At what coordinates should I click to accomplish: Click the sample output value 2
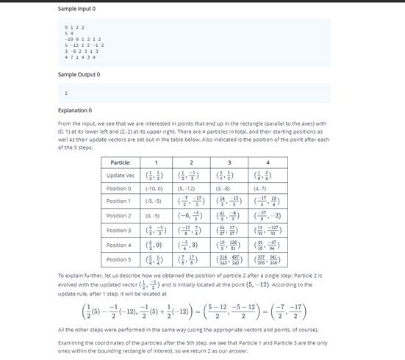67,93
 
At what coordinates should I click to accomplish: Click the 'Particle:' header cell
121,162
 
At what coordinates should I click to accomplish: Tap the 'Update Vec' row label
121,176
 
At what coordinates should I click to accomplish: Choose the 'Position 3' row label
121,231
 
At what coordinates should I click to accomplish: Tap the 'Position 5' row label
121,260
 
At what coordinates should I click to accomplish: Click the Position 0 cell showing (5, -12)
190,189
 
